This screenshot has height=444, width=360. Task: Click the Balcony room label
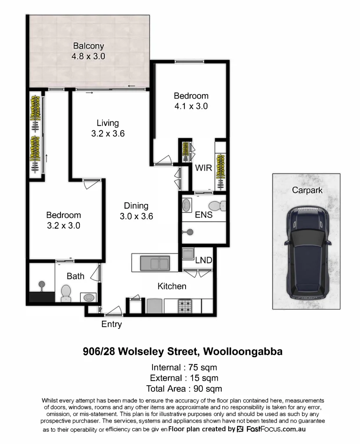pos(88,46)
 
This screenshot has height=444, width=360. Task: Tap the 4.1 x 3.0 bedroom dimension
pos(190,106)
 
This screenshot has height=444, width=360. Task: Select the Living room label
pos(108,123)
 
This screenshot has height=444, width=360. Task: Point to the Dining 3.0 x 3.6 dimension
pos(136,216)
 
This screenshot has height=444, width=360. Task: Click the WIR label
pos(203,168)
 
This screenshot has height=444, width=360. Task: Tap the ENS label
pos(204,214)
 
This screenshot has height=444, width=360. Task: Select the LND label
pos(203,260)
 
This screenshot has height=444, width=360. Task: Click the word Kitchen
pos(172,286)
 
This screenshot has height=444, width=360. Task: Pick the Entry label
pos(111,324)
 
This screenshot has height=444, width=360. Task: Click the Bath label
pos(75,276)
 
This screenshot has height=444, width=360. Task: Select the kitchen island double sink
pos(155,263)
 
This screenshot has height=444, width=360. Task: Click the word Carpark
pos(307,190)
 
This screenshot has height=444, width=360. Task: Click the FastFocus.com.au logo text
pos(275,429)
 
